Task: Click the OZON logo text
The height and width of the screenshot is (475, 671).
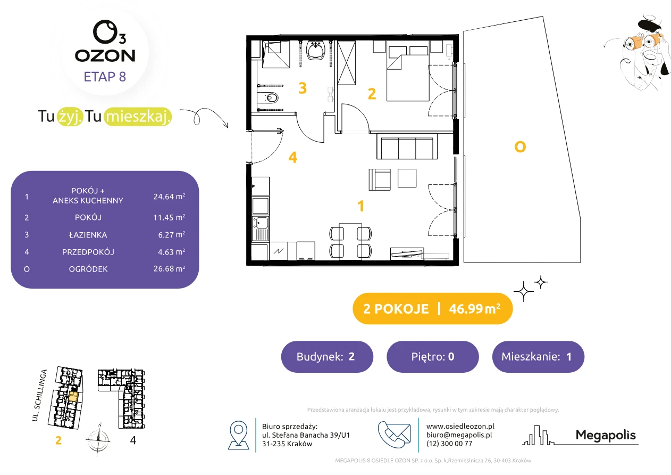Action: pos(105,56)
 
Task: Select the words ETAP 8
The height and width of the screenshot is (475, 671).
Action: pos(105,77)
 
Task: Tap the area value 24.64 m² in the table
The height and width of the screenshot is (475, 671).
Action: pos(169,196)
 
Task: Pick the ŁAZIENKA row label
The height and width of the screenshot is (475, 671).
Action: pos(88,235)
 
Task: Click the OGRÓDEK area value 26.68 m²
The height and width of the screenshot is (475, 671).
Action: pos(169,268)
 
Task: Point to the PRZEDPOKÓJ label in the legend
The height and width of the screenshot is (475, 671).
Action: pos(88,252)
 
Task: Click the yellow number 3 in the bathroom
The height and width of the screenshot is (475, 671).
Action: pos(303,88)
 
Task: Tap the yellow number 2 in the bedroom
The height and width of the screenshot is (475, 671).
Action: pos(372,94)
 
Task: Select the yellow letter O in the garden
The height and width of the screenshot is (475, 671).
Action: pos(520,147)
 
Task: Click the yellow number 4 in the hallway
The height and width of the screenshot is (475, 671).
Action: pos(292,157)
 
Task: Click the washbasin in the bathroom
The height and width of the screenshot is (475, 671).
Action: pos(315,50)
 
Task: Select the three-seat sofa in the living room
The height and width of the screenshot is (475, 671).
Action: pos(407,146)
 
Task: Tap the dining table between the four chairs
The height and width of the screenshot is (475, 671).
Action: pos(350,240)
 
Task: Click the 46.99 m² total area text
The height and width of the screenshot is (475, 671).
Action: pos(474,308)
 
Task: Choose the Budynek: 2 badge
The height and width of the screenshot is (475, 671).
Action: pos(327,356)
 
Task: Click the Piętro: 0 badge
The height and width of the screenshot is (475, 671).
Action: pos(433,356)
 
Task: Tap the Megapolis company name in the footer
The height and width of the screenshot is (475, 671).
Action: pos(606,435)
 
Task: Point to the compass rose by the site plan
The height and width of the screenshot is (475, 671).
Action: pos(98,440)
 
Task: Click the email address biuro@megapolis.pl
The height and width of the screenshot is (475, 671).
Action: pos(459,435)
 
